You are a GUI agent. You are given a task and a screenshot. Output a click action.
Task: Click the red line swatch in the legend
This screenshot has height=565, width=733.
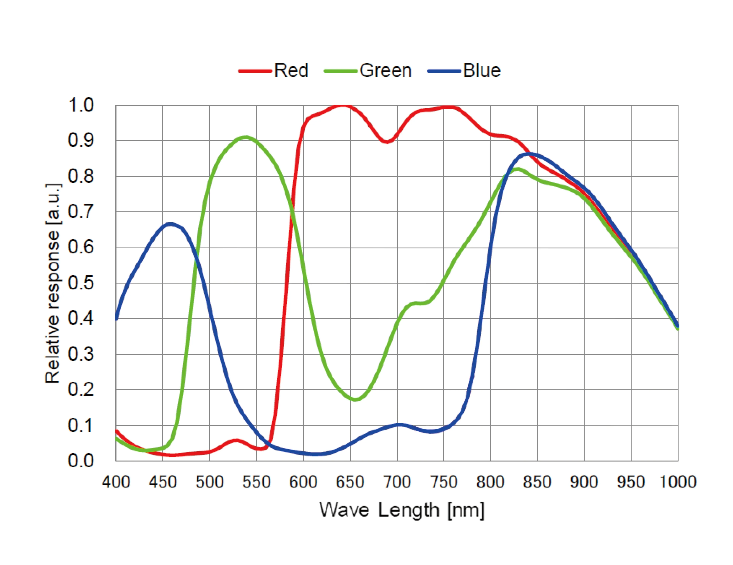tap(255, 71)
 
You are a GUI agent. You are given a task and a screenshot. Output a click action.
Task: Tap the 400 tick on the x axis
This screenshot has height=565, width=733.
tap(116, 482)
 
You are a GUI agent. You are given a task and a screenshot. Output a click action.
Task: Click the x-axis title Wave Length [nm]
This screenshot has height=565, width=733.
tap(402, 510)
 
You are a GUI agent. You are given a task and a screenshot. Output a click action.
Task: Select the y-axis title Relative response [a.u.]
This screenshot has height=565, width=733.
tap(53, 283)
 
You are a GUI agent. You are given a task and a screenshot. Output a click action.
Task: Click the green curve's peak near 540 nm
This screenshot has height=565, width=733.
tap(246, 137)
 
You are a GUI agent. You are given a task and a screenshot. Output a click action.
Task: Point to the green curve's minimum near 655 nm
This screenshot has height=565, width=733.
tap(356, 399)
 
